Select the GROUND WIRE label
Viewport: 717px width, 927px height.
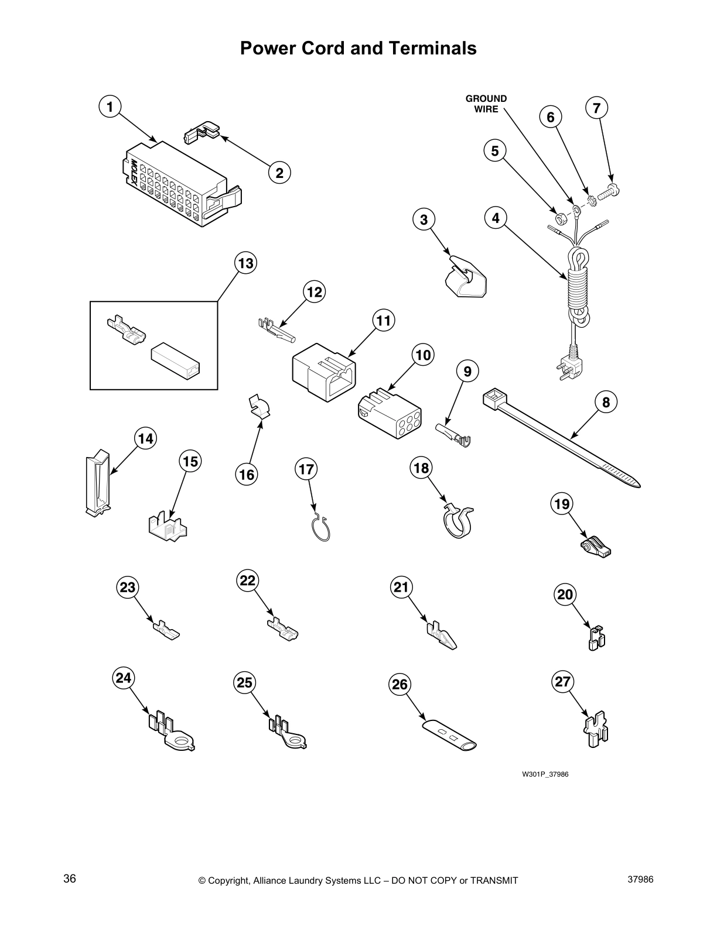[486, 104]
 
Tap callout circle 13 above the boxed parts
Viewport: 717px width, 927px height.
[245, 263]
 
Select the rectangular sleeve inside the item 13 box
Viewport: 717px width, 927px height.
[175, 362]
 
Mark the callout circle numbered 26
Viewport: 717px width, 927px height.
[400, 684]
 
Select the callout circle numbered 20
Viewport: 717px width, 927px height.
[565, 595]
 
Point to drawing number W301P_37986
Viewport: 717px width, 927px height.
[545, 774]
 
